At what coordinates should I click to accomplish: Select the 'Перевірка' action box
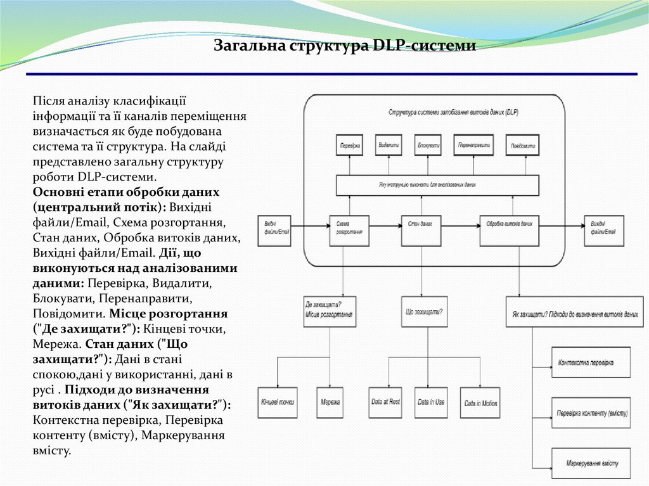(350, 145)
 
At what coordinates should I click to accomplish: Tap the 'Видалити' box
(389, 145)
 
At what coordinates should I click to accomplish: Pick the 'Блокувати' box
(429, 145)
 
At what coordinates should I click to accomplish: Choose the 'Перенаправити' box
(473, 145)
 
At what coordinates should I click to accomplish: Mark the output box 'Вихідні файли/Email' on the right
(603, 231)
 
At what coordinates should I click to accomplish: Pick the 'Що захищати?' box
(424, 312)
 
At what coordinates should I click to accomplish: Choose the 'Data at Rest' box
(385, 402)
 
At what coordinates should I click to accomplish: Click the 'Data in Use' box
(431, 402)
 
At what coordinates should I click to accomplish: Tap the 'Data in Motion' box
(480, 402)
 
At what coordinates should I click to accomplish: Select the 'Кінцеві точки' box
(278, 402)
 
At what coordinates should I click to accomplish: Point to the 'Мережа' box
(330, 402)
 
